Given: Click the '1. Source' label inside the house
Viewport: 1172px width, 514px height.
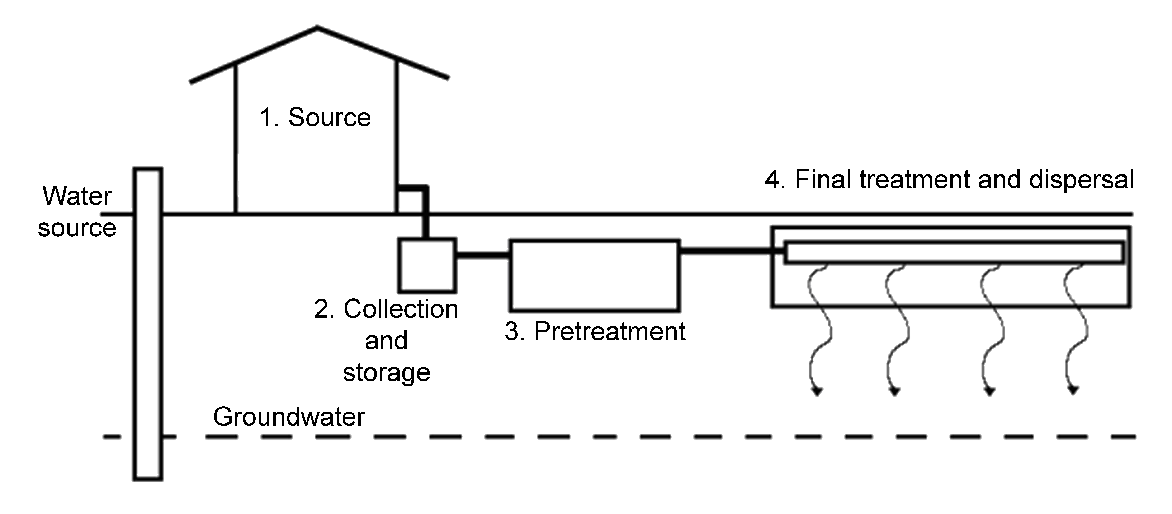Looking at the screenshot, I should [315, 117].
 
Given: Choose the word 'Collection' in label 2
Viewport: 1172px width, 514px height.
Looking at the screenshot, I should [400, 309].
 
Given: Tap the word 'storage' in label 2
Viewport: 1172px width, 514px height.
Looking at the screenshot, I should [386, 373].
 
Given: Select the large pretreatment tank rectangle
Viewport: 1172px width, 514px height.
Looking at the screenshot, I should [595, 275].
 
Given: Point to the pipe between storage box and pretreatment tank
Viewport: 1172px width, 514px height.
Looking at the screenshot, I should [482, 255].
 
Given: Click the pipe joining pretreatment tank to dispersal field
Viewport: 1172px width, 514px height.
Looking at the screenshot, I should [726, 250].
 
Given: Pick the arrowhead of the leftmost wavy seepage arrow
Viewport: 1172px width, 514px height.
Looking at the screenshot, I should [818, 391].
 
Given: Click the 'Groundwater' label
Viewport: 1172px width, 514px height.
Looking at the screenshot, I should [289, 417].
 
